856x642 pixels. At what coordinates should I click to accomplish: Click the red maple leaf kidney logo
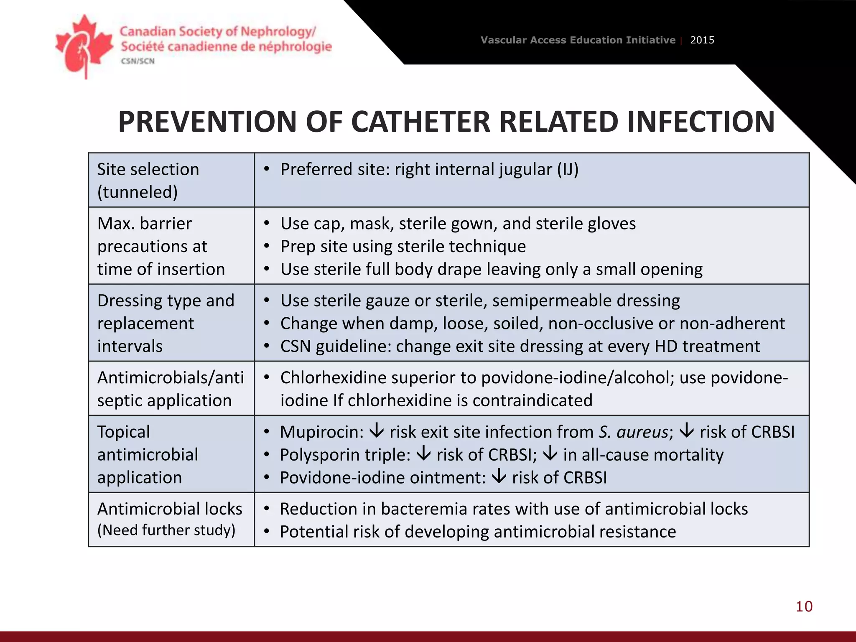84,46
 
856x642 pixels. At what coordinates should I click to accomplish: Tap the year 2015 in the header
702,40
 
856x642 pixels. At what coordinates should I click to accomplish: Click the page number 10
804,606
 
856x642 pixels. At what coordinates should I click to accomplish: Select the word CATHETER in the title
422,122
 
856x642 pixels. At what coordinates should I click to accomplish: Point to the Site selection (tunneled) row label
148,181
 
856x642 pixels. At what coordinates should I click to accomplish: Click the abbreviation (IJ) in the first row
568,170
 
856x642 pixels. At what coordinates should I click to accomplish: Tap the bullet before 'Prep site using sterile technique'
267,246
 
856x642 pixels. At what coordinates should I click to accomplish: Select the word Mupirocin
321,432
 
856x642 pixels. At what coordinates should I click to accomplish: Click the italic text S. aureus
633,432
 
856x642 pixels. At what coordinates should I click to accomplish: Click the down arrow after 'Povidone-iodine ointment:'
499,476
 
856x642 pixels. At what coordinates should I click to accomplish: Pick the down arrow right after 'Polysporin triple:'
423,453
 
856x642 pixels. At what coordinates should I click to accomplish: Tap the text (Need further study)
166,530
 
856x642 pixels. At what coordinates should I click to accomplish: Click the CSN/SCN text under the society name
138,61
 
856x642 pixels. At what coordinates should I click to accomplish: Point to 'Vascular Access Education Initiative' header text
578,40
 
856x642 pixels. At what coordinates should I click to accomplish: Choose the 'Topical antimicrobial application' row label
147,454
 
